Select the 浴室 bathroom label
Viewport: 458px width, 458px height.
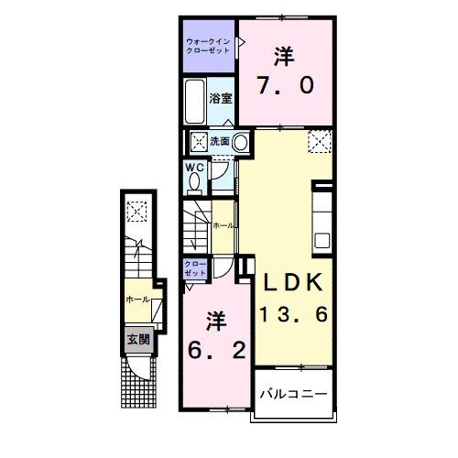pyautogui.click(x=219, y=98)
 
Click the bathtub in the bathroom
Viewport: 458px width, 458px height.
pyautogui.click(x=194, y=101)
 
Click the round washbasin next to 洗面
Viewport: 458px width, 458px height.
pyautogui.click(x=240, y=142)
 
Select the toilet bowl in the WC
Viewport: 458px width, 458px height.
pyautogui.click(x=193, y=181)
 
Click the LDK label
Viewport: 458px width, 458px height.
pyautogui.click(x=290, y=282)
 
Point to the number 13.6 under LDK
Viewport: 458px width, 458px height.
pyautogui.click(x=291, y=314)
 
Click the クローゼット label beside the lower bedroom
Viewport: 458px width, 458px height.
pyautogui.click(x=195, y=267)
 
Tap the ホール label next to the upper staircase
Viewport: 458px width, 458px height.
pyautogui.click(x=222, y=225)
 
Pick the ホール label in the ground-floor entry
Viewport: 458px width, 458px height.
pyautogui.click(x=136, y=299)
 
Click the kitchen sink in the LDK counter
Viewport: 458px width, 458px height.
pyautogui.click(x=322, y=240)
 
